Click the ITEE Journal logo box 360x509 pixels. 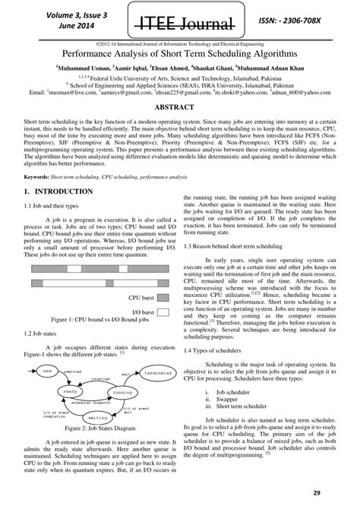click(x=179, y=19)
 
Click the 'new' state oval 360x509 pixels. click(x=49, y=369)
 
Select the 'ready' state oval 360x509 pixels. click(x=71, y=390)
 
